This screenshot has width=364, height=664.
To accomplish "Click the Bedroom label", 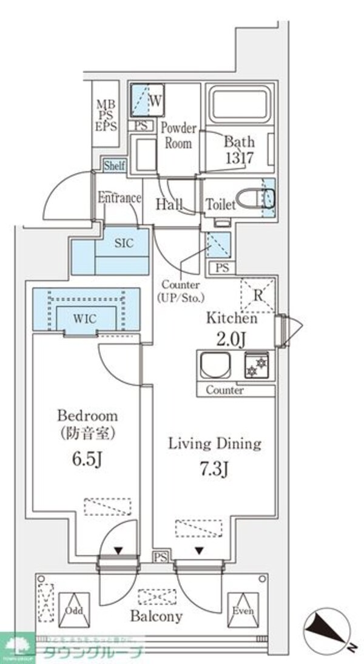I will tap(87, 416).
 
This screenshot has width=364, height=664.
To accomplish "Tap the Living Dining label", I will tap(215, 444).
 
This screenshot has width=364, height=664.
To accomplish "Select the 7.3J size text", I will tap(214, 470).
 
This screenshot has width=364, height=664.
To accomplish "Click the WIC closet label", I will tap(86, 317).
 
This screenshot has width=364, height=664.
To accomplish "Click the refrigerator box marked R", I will tap(257, 296).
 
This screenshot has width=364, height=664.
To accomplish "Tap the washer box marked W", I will tap(155, 101).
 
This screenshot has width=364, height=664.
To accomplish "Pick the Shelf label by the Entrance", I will tap(115, 165).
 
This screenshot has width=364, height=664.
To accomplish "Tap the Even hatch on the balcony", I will tap(241, 610).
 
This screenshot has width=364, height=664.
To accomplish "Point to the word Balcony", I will tap(156, 617).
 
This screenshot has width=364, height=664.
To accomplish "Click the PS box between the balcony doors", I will tap(160, 557).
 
